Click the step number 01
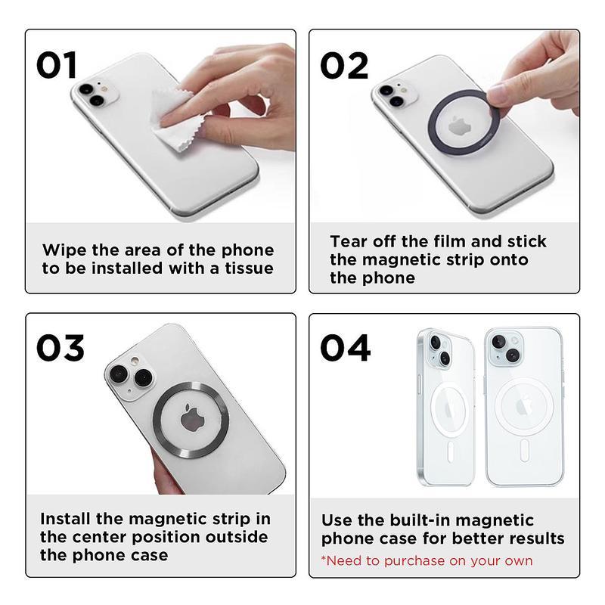57,66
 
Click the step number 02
344,66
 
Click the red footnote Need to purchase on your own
427,560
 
